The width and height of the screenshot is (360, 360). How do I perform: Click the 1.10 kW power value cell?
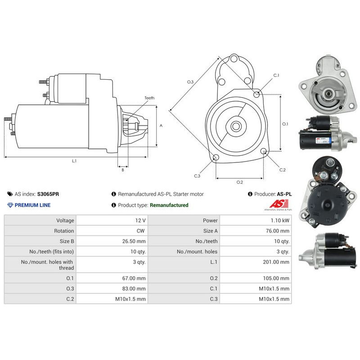[x=280, y=220]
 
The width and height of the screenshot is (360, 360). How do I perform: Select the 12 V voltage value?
[x=140, y=220]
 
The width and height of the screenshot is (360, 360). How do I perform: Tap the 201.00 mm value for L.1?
[x=277, y=261]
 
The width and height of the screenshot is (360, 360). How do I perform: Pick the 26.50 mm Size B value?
[x=135, y=241]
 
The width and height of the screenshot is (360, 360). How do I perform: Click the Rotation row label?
[x=64, y=231]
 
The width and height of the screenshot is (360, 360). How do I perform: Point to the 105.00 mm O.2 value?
[x=277, y=279]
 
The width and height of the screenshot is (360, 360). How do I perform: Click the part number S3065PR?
[x=48, y=194]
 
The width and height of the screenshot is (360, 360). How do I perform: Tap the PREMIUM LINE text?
[x=33, y=205]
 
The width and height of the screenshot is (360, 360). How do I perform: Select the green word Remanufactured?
[x=169, y=205]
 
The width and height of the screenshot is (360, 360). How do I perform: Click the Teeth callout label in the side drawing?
[x=149, y=98]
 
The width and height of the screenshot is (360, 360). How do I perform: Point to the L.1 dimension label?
[x=74, y=161]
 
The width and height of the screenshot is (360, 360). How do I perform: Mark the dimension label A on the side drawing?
[x=161, y=126]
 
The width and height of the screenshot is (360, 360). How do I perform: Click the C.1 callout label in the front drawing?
[x=276, y=75]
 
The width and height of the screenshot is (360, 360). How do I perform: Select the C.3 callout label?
[x=197, y=176]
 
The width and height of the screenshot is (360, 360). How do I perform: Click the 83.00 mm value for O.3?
[x=135, y=289]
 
